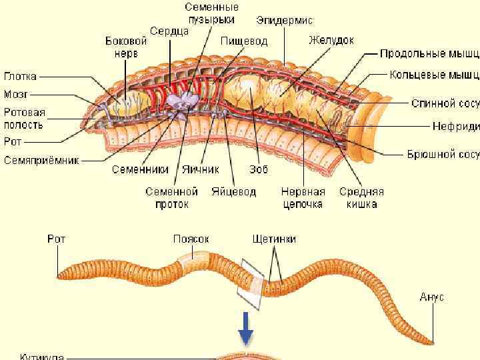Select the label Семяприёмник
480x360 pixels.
click(x=42, y=161)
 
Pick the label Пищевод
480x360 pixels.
click(x=244, y=41)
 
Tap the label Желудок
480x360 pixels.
click(x=331, y=40)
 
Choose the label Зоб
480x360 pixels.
click(x=259, y=169)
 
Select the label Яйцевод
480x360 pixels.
click(x=233, y=191)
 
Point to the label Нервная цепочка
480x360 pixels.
click(x=303, y=197)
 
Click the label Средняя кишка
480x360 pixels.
click(x=361, y=197)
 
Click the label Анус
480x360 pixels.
click(x=432, y=297)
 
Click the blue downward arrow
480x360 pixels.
click(x=246, y=329)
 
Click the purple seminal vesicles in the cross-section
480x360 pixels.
click(x=182, y=101)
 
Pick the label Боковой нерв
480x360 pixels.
click(x=126, y=46)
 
